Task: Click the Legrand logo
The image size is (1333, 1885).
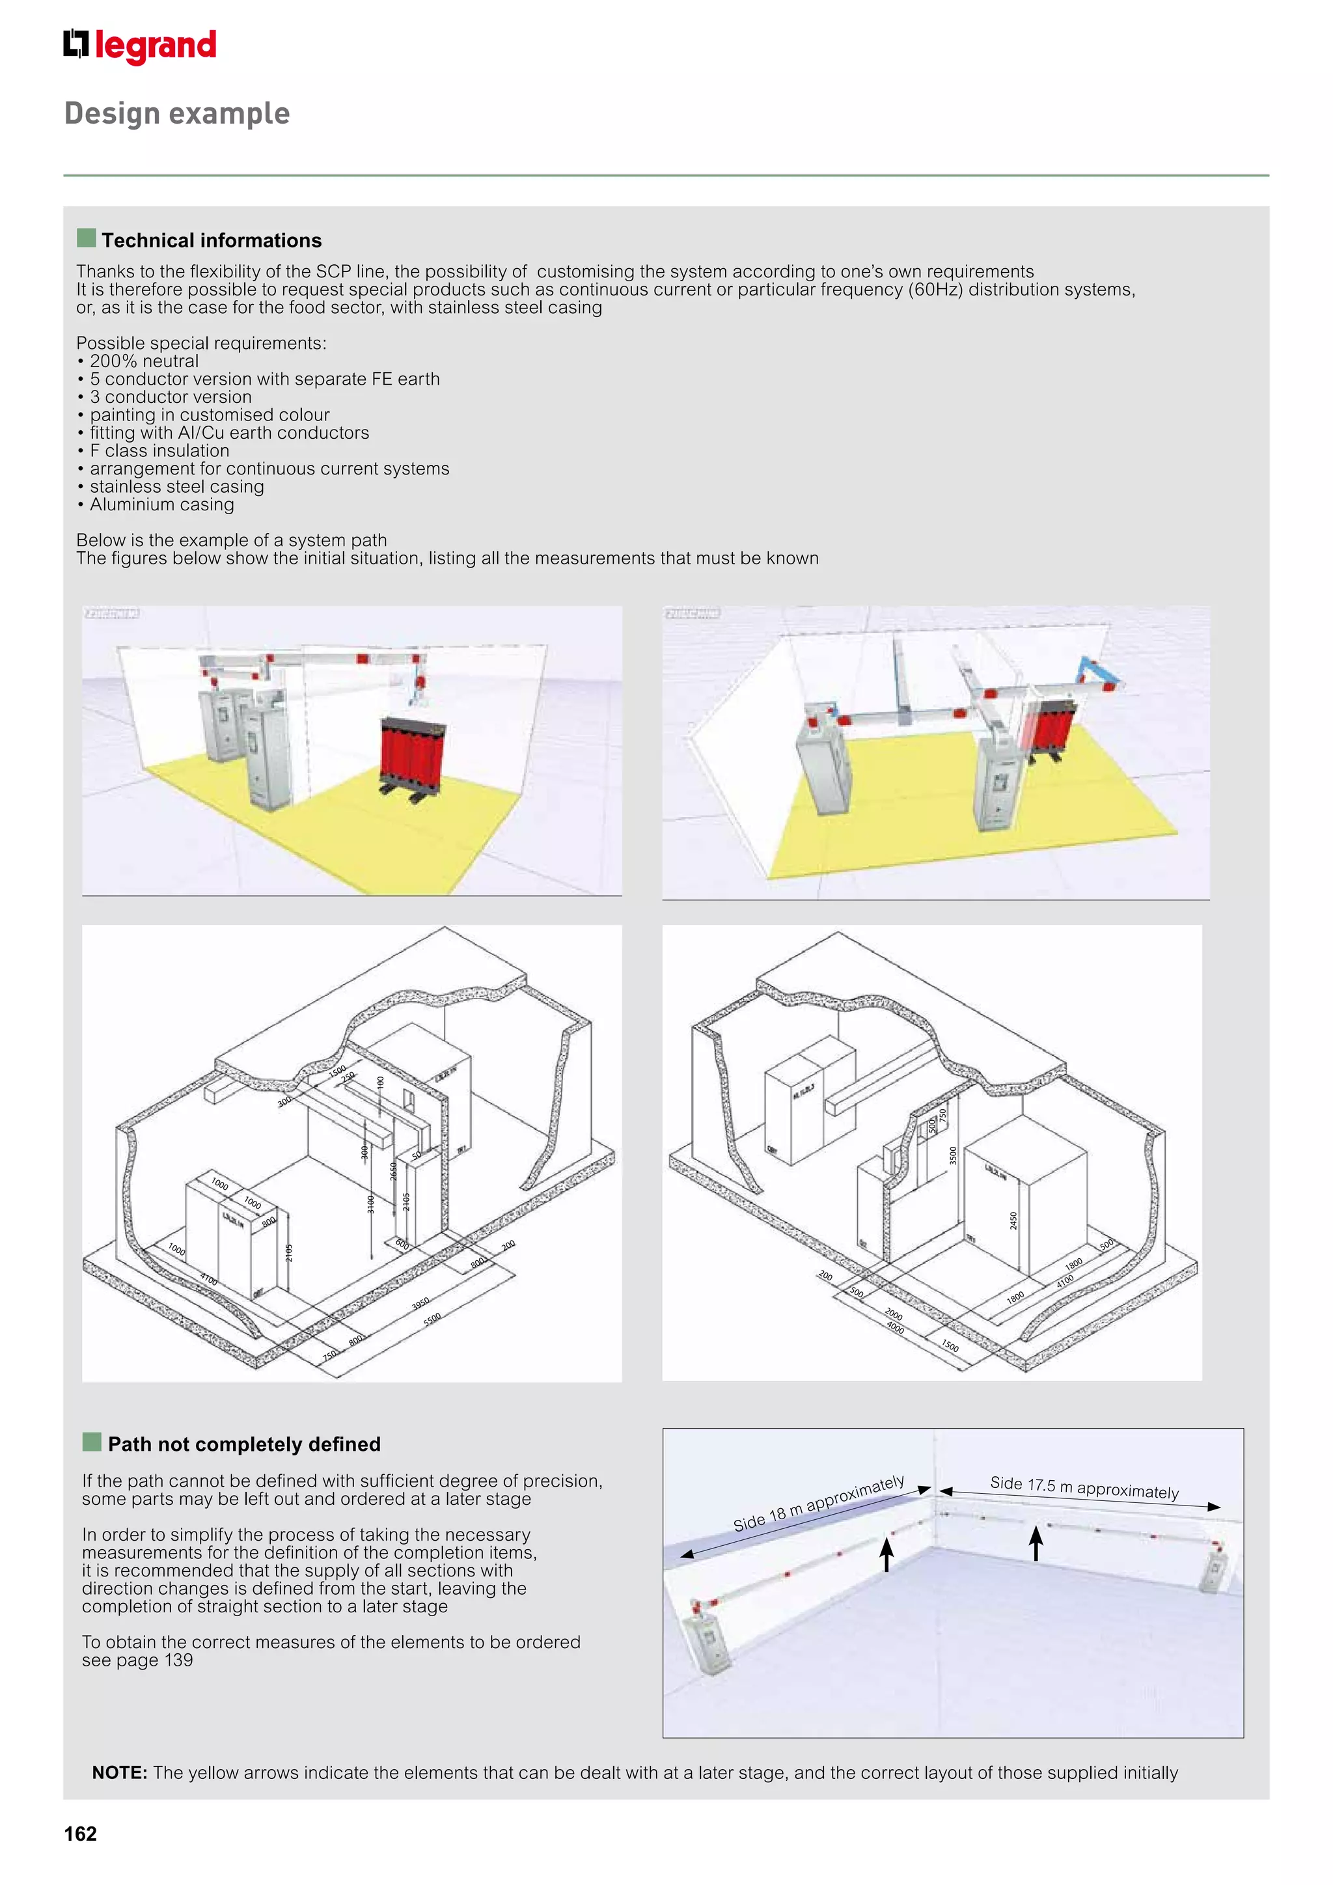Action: tap(139, 46)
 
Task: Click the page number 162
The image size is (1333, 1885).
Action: tap(81, 1834)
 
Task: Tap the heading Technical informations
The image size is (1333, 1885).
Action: tap(211, 241)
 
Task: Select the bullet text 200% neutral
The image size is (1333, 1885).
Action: tap(144, 361)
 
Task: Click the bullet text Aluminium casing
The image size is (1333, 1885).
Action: tap(161, 505)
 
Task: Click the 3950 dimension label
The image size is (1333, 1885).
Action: tap(420, 1304)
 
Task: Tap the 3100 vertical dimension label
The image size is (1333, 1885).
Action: tap(370, 1204)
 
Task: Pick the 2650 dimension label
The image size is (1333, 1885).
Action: tap(393, 1172)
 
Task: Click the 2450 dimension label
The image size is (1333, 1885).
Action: tap(1013, 1221)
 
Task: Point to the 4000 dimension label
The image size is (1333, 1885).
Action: tap(896, 1328)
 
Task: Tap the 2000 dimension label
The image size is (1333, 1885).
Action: tap(894, 1314)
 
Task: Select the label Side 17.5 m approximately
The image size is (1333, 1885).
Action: tap(1084, 1488)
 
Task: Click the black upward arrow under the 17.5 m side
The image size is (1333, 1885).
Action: tap(1036, 1543)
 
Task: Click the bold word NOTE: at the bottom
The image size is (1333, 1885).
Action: tap(120, 1772)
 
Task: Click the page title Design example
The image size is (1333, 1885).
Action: tap(177, 113)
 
